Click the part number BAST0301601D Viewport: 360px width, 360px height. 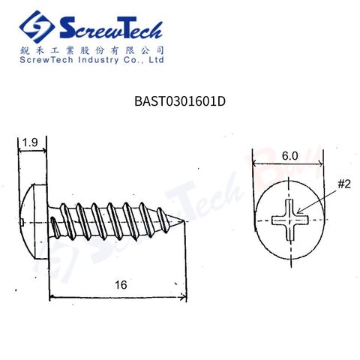tap(180, 101)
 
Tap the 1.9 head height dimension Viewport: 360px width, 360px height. tap(30, 142)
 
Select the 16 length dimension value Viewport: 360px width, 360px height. tap(121, 285)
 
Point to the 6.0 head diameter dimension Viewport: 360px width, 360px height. tap(290, 156)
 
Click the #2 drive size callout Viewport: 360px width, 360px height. tap(344, 184)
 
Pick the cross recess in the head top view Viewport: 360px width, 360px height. tap(290, 220)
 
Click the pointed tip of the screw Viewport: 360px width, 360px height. tap(184, 220)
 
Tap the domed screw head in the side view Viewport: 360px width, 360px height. tap(33, 221)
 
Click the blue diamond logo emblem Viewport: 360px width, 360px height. tap(37, 27)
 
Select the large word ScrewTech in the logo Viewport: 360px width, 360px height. tap(111, 28)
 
